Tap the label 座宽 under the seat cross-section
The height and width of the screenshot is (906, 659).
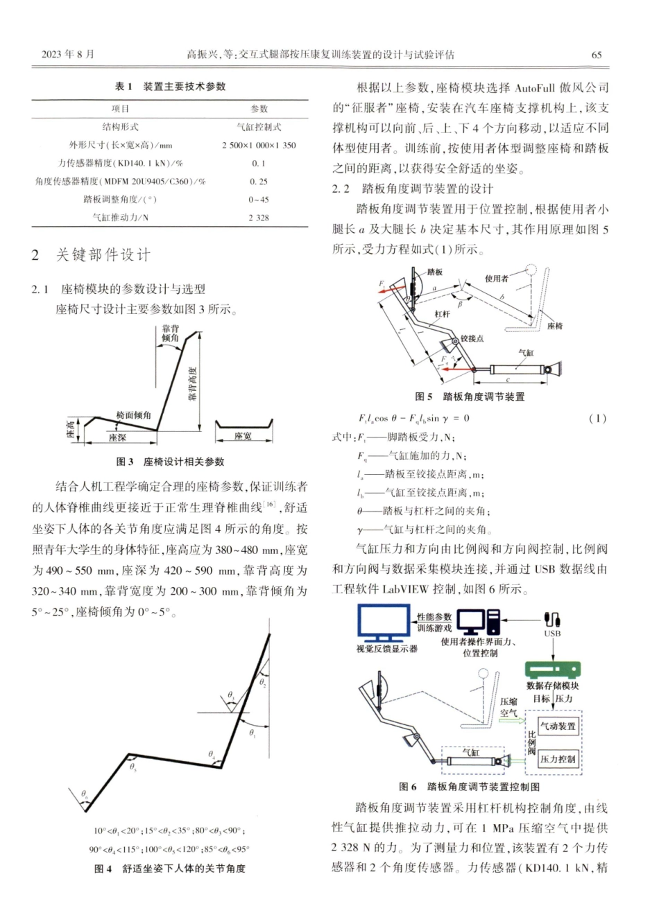point(243,436)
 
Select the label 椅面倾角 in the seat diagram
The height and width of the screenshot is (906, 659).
point(133,415)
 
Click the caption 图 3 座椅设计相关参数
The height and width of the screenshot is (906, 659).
point(169,461)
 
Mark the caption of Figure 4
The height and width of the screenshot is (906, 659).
point(169,868)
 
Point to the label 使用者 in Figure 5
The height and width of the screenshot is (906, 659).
point(496,278)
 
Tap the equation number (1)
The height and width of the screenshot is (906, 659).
point(597,419)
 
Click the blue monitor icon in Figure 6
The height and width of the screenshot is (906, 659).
point(384,621)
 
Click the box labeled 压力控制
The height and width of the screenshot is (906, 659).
point(557,758)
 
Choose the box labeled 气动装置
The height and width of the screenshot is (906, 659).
point(558,726)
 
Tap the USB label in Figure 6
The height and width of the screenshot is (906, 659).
point(553,633)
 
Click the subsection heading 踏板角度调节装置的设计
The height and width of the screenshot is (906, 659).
point(426,189)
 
